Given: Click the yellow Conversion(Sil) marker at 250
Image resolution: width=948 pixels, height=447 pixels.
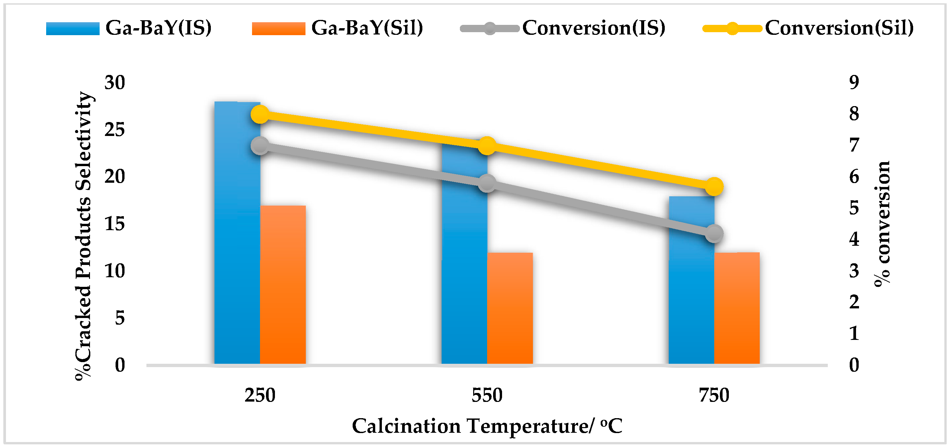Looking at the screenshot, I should (x=260, y=115).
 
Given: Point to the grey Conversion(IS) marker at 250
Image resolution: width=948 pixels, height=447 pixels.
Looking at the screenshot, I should (x=260, y=146).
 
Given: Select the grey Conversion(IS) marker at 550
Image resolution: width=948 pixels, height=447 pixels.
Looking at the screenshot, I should (x=487, y=183).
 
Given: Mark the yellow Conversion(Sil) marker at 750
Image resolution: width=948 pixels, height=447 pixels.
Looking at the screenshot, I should (x=714, y=187).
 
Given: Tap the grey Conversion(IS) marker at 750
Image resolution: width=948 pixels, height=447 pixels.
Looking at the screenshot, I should (x=714, y=233).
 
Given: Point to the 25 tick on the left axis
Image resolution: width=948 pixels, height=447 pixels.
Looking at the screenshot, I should (x=115, y=130).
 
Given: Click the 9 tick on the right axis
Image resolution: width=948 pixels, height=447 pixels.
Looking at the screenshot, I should (x=854, y=82).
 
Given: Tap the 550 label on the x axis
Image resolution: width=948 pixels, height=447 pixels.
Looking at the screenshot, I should (x=487, y=396).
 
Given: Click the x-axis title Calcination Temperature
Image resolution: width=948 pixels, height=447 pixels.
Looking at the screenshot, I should (x=487, y=426).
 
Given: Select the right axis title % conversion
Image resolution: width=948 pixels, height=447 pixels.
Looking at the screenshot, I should (x=882, y=223).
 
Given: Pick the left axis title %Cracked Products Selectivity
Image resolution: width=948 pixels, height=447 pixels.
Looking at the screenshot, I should (x=84, y=235).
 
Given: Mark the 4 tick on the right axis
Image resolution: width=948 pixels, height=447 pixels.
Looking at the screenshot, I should (x=854, y=239).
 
